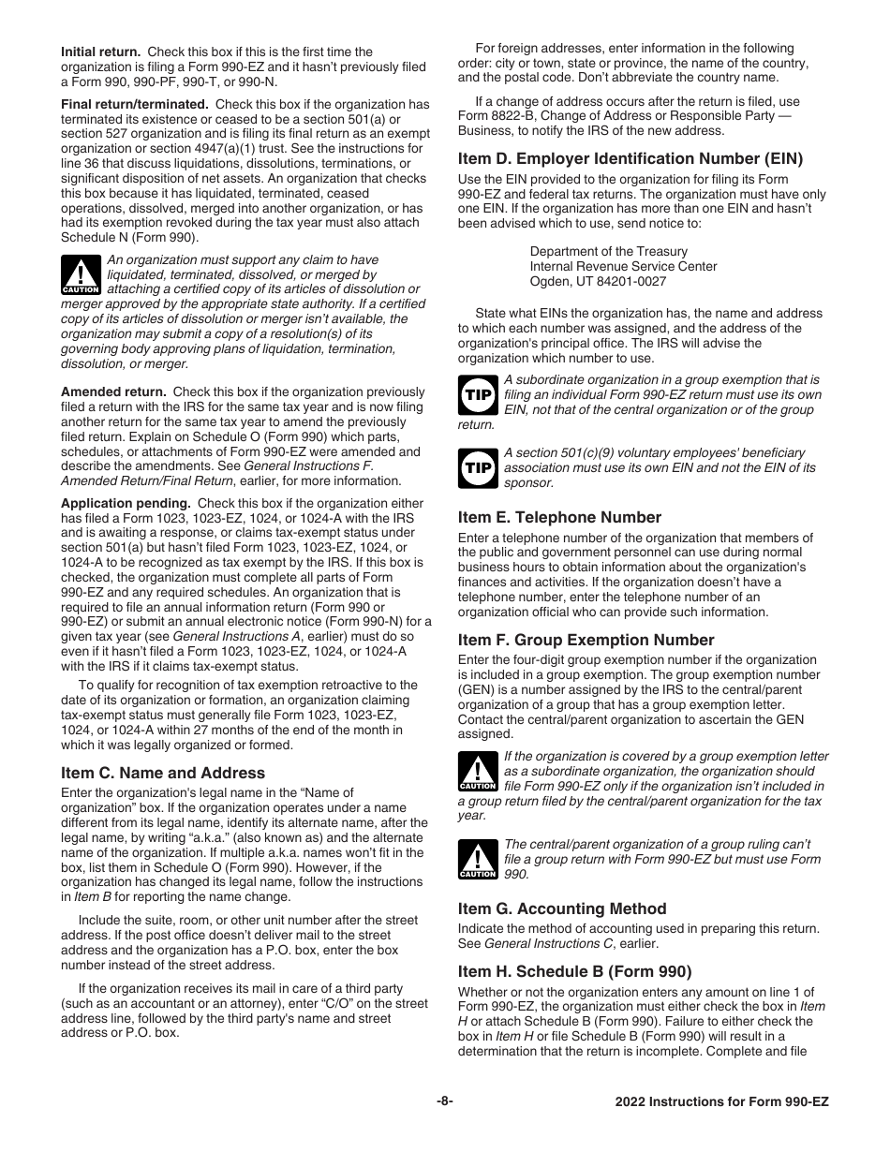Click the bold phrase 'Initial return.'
[x=101, y=52]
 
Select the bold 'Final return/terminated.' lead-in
[x=134, y=104]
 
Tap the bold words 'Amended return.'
[x=113, y=391]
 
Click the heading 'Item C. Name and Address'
[x=163, y=773]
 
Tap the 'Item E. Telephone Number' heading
[x=559, y=517]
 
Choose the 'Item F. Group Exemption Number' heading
[x=586, y=640]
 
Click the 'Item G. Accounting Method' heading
[x=562, y=908]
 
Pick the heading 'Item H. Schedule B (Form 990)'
[x=574, y=970]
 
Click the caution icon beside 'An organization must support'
[x=81, y=274]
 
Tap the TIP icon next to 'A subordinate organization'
[x=477, y=394]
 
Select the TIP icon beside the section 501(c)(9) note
[x=477, y=467]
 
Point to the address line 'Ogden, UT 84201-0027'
[x=598, y=281]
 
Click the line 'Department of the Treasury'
[x=608, y=251]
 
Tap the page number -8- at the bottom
[x=445, y=1101]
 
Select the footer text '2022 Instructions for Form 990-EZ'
[x=721, y=1102]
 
